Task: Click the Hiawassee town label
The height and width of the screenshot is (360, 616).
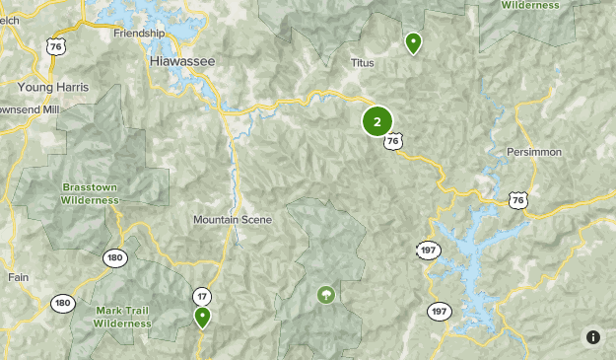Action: (182, 61)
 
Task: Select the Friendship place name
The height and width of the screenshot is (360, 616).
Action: (139, 33)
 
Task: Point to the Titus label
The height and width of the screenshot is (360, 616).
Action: (363, 62)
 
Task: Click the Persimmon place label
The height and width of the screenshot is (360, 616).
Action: (534, 152)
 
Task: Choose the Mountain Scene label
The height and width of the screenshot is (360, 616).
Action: (233, 219)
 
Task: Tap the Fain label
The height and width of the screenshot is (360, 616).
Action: (19, 277)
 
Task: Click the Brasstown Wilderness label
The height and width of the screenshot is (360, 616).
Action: (90, 192)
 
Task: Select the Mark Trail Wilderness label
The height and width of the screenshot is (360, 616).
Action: (123, 316)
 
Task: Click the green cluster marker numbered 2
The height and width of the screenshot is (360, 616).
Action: (377, 121)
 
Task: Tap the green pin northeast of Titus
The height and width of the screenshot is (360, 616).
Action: (414, 42)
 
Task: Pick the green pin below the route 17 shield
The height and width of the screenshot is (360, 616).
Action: (202, 317)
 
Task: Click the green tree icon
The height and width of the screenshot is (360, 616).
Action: (325, 294)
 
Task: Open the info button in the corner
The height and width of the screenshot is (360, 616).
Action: (593, 336)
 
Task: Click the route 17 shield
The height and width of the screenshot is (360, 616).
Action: (202, 296)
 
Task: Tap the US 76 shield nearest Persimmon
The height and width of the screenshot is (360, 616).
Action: (518, 199)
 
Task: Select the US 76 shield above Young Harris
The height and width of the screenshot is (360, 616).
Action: (55, 45)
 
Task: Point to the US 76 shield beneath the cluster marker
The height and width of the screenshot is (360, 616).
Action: (393, 142)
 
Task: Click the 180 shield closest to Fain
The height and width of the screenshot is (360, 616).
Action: (63, 303)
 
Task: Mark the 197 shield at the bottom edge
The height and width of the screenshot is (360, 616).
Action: (439, 312)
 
